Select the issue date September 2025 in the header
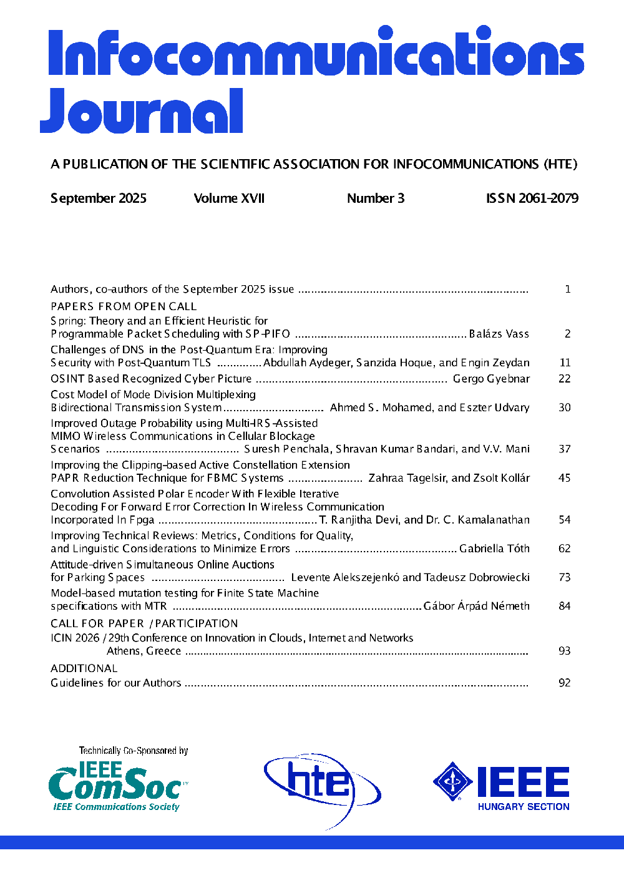pyautogui.click(x=99, y=198)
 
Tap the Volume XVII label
pyautogui.click(x=229, y=198)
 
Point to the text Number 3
pyautogui.click(x=376, y=198)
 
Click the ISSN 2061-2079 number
pyautogui.click(x=532, y=198)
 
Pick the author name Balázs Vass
pyautogui.click(x=499, y=334)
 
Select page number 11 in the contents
pyautogui.click(x=565, y=363)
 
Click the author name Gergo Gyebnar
pyautogui.click(x=491, y=379)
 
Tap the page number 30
pyautogui.click(x=565, y=407)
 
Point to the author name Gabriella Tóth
pyautogui.click(x=494, y=549)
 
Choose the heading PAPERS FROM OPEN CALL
pyautogui.click(x=124, y=306)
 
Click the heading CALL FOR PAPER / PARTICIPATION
pyautogui.click(x=144, y=623)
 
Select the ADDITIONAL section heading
pyautogui.click(x=84, y=668)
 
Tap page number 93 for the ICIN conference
pyautogui.click(x=565, y=651)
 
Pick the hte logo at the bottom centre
pyautogui.click(x=321, y=788)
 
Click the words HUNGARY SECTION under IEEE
pyautogui.click(x=524, y=807)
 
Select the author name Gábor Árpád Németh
pyautogui.click(x=476, y=606)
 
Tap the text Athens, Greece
pyautogui.click(x=144, y=651)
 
